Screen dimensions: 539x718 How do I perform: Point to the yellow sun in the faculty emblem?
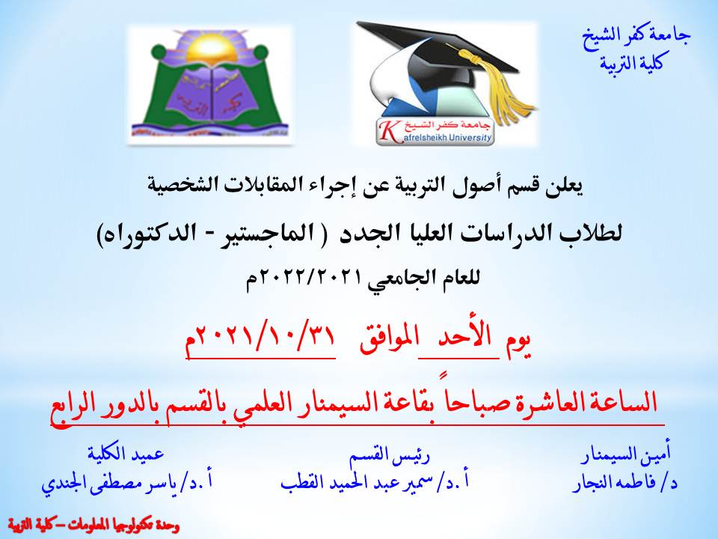tap(207, 49)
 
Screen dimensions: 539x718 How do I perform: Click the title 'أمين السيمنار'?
tap(627, 454)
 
